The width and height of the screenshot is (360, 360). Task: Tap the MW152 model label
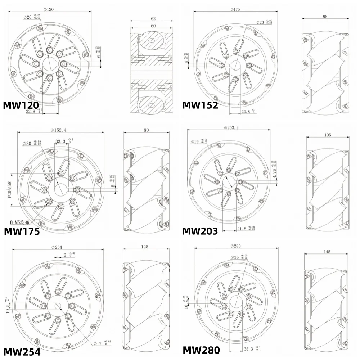click(200, 105)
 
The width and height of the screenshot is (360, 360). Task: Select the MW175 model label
click(22, 231)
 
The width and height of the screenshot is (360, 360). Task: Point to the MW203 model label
click(200, 231)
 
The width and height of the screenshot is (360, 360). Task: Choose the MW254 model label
click(22, 352)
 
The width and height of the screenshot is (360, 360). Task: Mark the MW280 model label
click(201, 350)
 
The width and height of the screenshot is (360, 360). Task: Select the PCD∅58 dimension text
click(10, 190)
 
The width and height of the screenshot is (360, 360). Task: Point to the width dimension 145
click(327, 252)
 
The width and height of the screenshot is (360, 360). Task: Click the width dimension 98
click(325, 17)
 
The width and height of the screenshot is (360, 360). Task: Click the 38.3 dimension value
click(248, 349)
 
